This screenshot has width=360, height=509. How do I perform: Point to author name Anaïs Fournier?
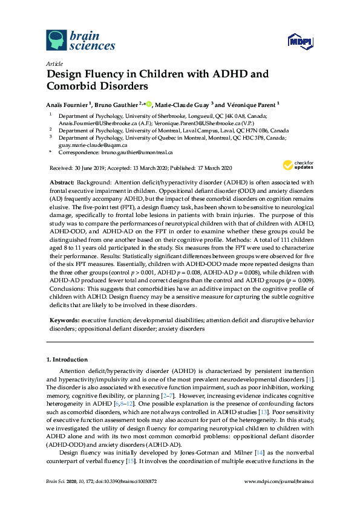[x=67, y=104]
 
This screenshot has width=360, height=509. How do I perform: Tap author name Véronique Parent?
[x=251, y=104]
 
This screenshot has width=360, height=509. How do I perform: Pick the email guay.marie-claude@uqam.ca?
[x=93, y=145]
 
